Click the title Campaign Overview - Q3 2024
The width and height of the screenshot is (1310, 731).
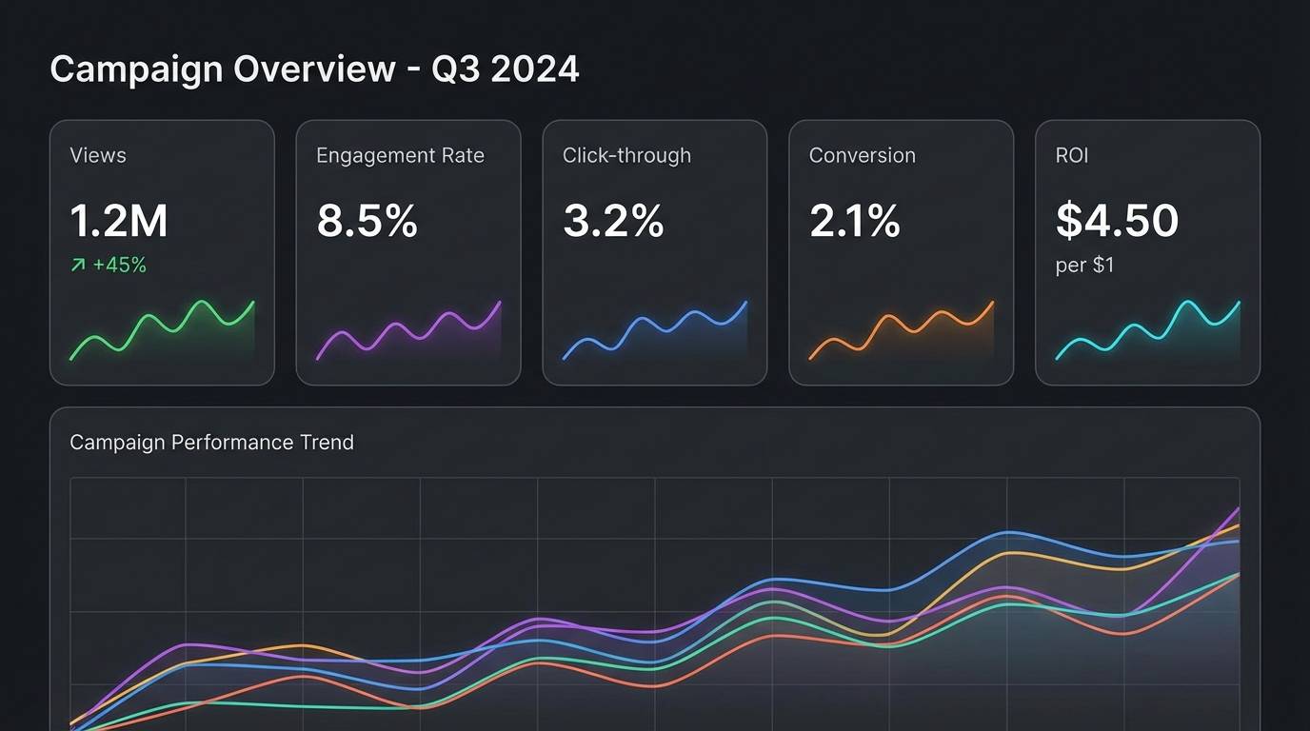pos(314,69)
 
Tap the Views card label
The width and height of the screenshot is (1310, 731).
pos(98,155)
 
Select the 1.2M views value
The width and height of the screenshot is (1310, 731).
pos(119,221)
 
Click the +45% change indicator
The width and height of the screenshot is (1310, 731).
pos(120,266)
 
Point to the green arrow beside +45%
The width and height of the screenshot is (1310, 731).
pos(78,266)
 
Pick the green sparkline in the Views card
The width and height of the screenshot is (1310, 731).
pos(162,328)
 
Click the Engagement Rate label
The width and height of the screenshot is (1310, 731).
pos(400,155)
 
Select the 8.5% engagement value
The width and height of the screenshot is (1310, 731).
pos(367,221)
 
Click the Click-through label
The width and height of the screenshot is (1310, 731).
pos(626,155)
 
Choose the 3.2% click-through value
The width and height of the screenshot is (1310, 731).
pos(613,221)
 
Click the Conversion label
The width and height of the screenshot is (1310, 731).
pos(862,155)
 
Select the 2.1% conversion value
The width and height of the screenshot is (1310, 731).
pos(855,221)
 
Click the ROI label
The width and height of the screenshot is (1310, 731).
pos(1072,155)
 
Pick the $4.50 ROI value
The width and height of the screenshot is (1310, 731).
pos(1118,221)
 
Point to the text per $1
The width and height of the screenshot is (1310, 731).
pos(1084,266)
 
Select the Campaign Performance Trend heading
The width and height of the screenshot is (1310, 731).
pos(211,442)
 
